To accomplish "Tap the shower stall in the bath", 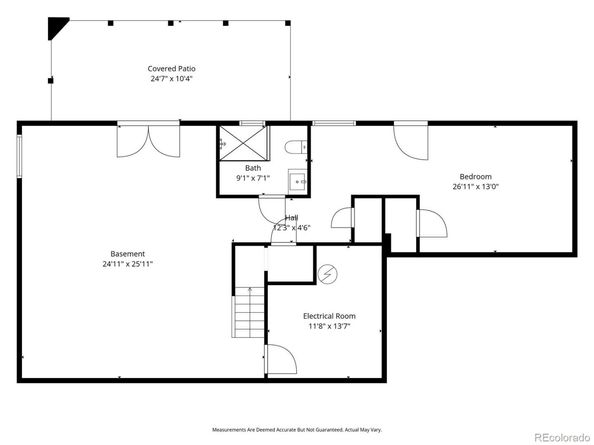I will pyautogui.click(x=236, y=143).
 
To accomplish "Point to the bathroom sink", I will pyautogui.click(x=297, y=181).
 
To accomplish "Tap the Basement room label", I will pyautogui.click(x=127, y=253).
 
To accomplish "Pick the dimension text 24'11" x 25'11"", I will pyautogui.click(x=127, y=264).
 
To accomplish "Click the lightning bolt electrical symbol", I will pyautogui.click(x=328, y=274).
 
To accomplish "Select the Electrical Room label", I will pyautogui.click(x=329, y=316).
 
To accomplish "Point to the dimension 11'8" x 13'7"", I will pyautogui.click(x=329, y=327).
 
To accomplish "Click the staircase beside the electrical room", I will pyautogui.click(x=249, y=311).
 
